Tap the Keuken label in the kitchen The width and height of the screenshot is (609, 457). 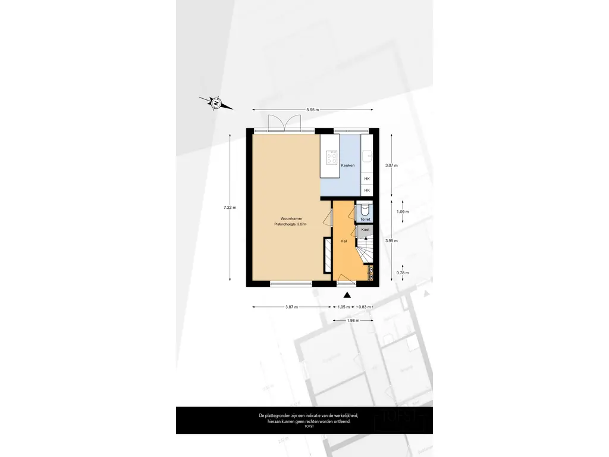point(349,165)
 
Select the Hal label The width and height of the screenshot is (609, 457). point(343,241)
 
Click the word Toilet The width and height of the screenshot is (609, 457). point(365,219)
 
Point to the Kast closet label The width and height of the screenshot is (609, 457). point(365,229)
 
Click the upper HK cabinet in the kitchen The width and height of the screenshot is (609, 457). point(367,179)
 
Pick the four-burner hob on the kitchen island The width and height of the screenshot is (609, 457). point(331,158)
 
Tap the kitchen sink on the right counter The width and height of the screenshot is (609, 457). point(369,155)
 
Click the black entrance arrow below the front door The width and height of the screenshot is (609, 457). point(348,294)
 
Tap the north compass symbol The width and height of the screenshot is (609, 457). point(216,103)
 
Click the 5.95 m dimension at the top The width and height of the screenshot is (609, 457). point(312,110)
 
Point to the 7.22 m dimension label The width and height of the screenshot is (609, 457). point(230,208)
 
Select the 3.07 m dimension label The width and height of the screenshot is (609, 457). point(391,165)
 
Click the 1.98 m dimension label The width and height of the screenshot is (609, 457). point(353,321)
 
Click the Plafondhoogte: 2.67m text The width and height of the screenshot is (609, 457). point(290,224)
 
